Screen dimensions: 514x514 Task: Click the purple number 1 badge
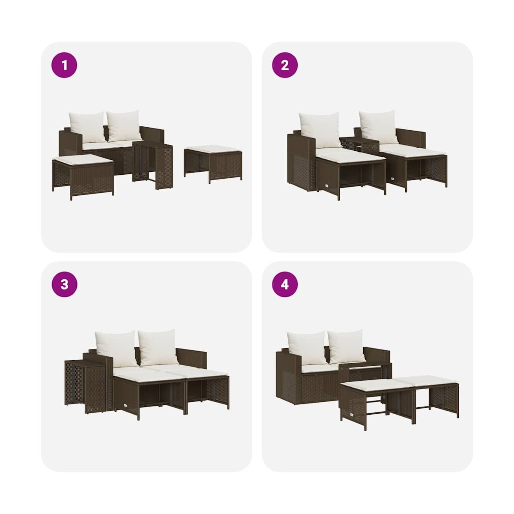pyautogui.click(x=64, y=65)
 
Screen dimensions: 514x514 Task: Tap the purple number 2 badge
pyautogui.click(x=285, y=65)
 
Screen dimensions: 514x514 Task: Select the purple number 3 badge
pyautogui.click(x=64, y=284)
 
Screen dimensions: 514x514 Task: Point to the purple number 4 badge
pyautogui.click(x=285, y=284)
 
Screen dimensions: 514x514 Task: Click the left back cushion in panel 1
pyautogui.click(x=87, y=127)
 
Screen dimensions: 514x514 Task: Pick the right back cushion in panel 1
pyautogui.click(x=124, y=126)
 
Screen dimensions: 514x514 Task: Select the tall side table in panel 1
pyautogui.click(x=152, y=164)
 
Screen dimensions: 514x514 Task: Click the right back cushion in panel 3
pyautogui.click(x=158, y=347)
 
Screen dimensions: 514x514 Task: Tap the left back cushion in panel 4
pyautogui.click(x=307, y=347)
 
